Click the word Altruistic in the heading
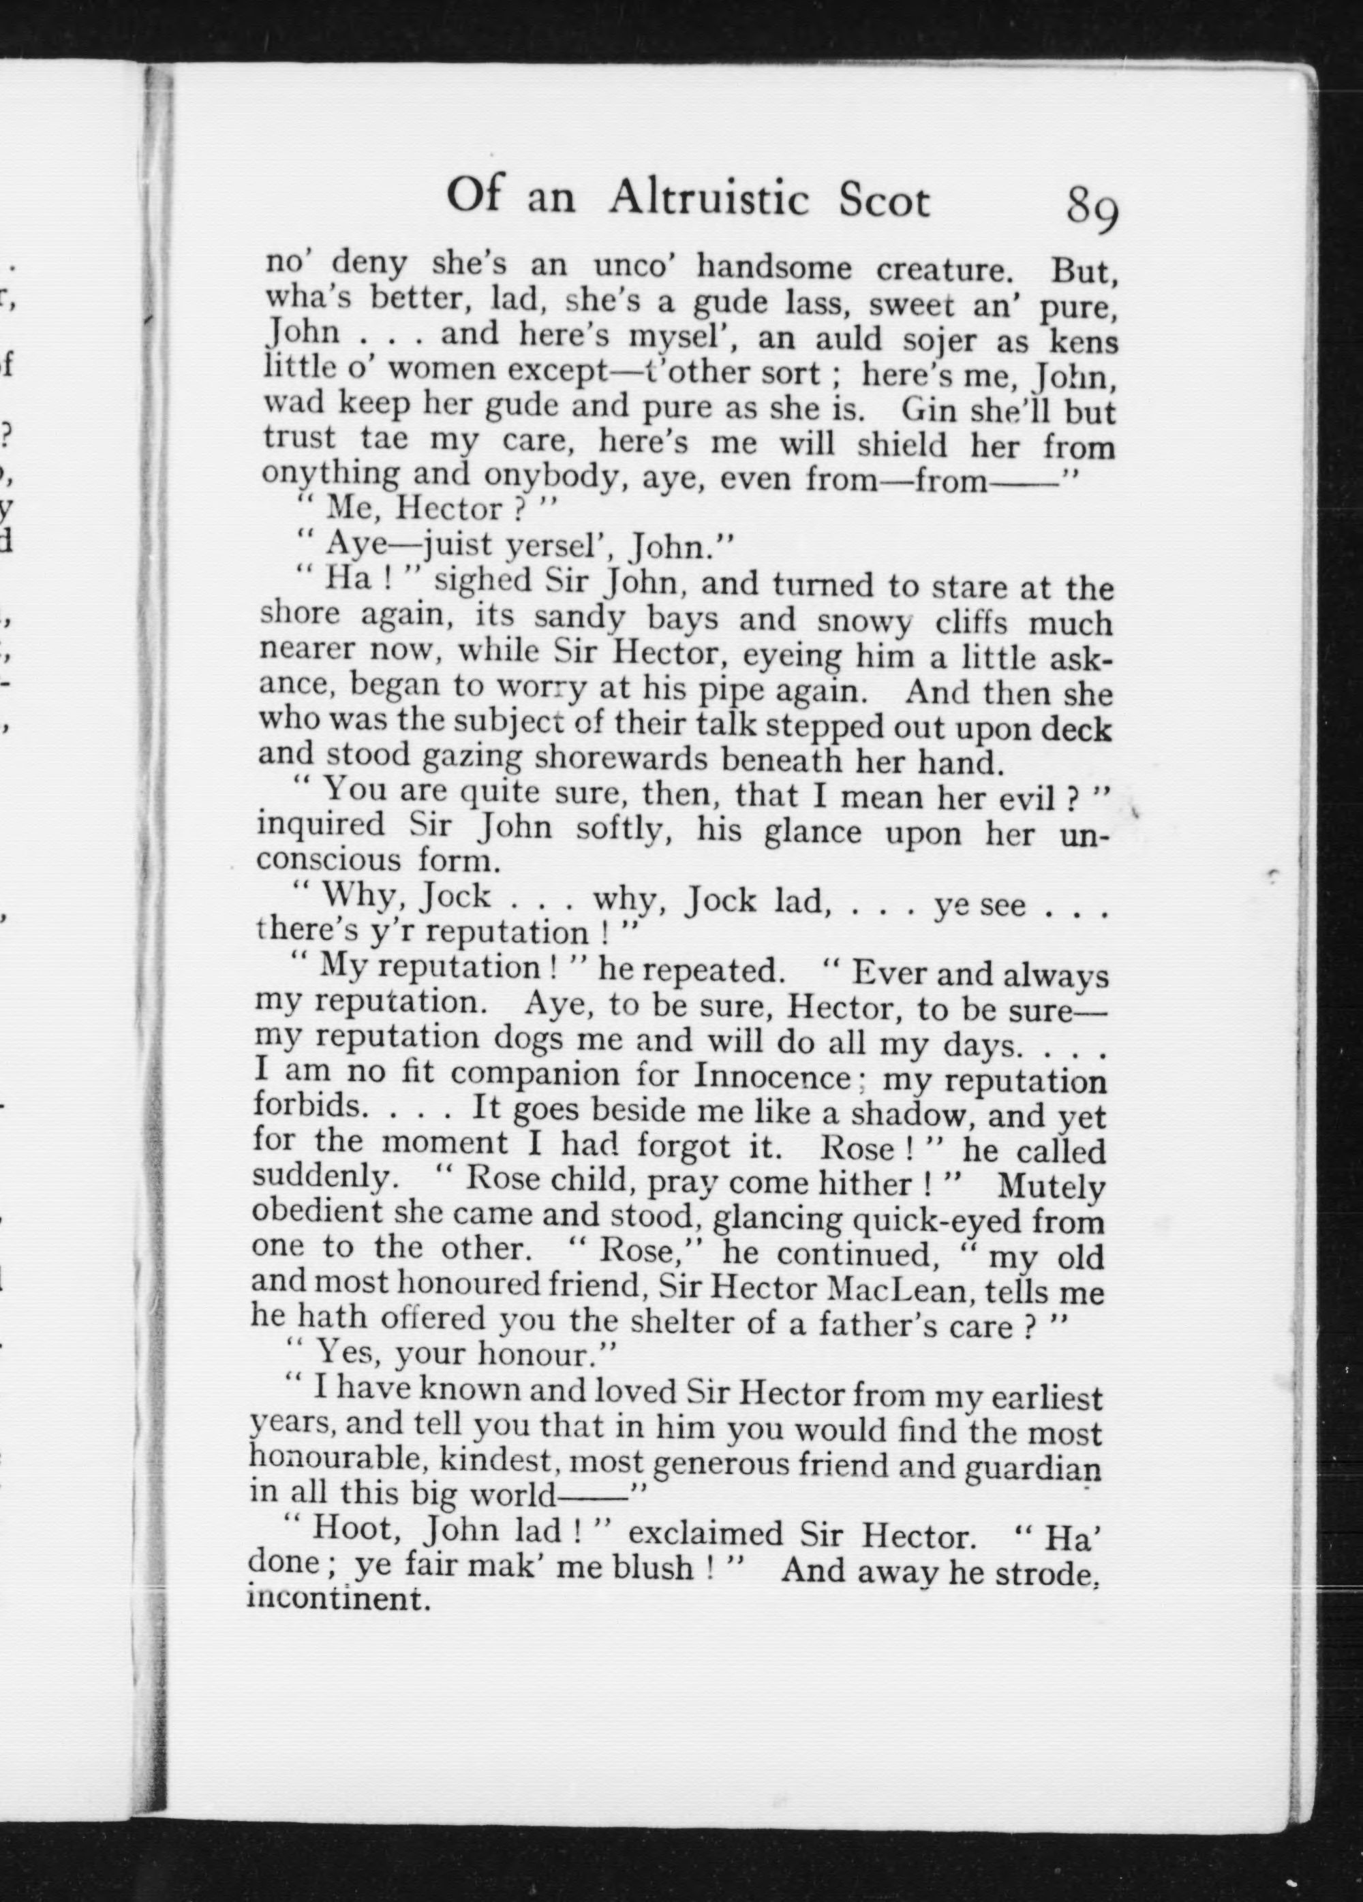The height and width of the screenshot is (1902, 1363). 709,200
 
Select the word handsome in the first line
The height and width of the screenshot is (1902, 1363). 774,268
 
